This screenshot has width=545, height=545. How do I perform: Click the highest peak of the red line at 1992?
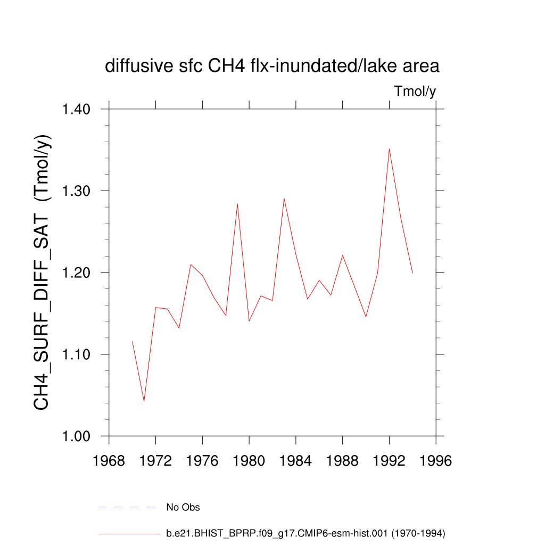pyautogui.click(x=389, y=148)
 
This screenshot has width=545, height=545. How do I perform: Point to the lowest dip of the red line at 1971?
pyautogui.click(x=144, y=401)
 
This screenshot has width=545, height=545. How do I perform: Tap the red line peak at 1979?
pyautogui.click(x=237, y=204)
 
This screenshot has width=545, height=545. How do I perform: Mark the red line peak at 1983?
pyautogui.click(x=284, y=199)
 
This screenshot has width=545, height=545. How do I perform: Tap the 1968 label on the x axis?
pyautogui.click(x=109, y=461)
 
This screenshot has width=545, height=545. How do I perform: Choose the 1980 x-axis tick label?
pyautogui.click(x=249, y=461)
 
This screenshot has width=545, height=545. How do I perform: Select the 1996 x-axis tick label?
pyautogui.click(x=436, y=461)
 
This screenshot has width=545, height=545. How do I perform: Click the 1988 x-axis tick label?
pyautogui.click(x=342, y=461)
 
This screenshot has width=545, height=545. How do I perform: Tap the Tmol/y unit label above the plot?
pyautogui.click(x=415, y=92)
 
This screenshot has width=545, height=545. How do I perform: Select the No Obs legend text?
pyautogui.click(x=183, y=507)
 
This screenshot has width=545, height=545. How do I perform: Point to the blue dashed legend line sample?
pyautogui.click(x=127, y=507)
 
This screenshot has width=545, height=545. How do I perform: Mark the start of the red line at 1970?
pyautogui.click(x=132, y=341)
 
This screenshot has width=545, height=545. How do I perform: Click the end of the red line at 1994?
pyautogui.click(x=412, y=273)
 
